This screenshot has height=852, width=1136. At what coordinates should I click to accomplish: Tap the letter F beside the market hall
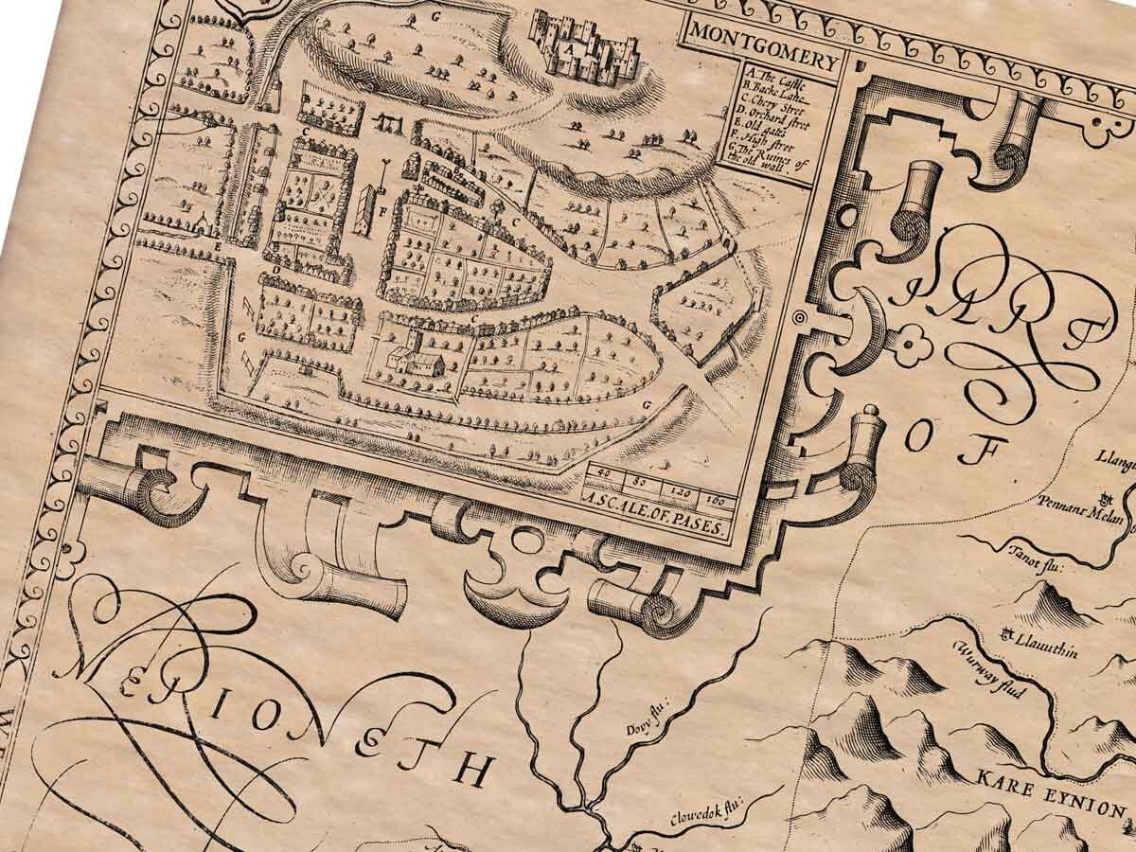pyautogui.click(x=382, y=213)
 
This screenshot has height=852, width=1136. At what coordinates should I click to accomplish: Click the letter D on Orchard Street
pyautogui.click(x=275, y=271)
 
